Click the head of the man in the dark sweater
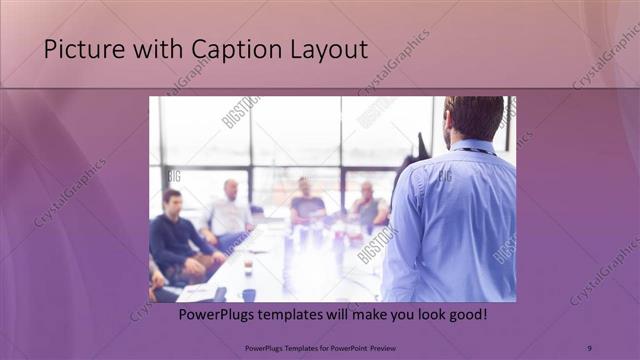[172, 200]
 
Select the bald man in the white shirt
[229, 210]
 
